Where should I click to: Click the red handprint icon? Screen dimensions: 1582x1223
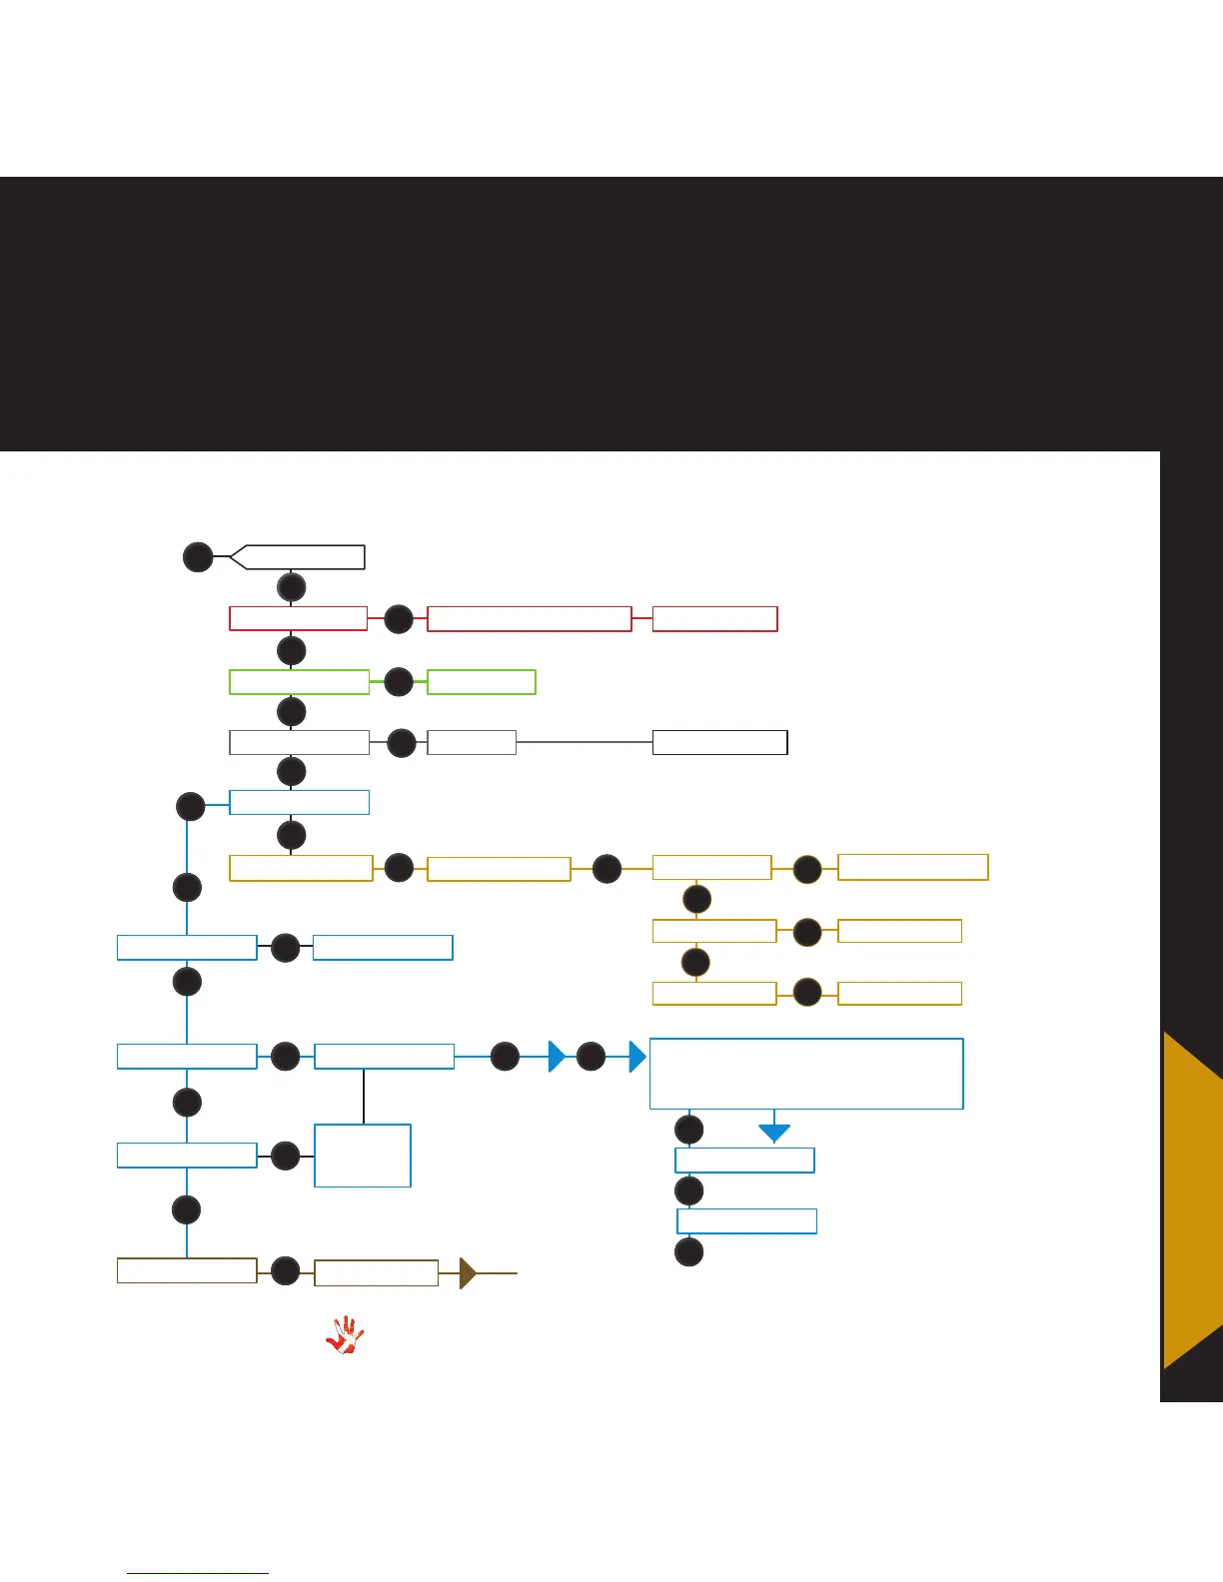pos(345,1335)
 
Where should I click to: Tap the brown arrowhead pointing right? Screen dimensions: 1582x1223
pos(467,1273)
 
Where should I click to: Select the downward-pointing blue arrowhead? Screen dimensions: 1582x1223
pos(774,1133)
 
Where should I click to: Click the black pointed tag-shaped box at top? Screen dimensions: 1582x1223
pos(299,557)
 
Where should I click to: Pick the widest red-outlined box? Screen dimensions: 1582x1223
pos(530,619)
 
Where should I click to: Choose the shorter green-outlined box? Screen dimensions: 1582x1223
pos(482,682)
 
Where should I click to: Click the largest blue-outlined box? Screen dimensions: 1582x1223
pos(806,1074)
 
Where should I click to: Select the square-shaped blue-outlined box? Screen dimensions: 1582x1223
pos(363,1156)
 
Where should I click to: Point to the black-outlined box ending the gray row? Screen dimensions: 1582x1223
pos(719,743)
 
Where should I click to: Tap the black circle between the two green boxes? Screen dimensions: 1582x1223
pos(399,682)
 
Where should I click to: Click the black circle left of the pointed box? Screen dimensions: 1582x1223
pos(198,556)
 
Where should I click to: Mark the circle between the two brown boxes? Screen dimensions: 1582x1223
pos(286,1271)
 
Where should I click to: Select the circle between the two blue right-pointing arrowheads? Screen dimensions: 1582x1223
pos(591,1056)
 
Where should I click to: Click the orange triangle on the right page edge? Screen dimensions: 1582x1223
pos(1194,1198)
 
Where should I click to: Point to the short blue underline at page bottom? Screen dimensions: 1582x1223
pos(198,1573)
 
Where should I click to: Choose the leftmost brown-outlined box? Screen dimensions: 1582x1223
pos(187,1270)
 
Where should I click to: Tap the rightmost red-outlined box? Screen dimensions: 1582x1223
pos(714,619)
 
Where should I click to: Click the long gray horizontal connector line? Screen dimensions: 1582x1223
pos(585,742)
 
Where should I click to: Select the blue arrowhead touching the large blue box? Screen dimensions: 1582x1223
pos(637,1056)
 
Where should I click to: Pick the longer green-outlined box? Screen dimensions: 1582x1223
pos(299,682)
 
